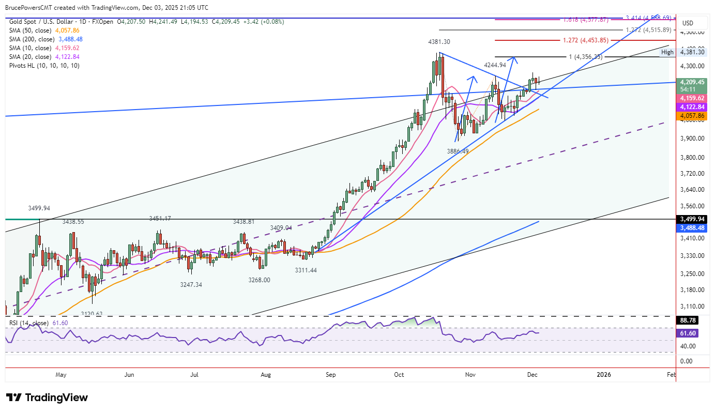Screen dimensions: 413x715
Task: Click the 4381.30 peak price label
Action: pos(438,42)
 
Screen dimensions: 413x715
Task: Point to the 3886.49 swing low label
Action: pos(458,151)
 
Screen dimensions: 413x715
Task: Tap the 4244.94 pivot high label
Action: pos(495,65)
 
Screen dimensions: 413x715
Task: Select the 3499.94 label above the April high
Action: pos(39,208)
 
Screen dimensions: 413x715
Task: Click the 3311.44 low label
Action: pos(306,270)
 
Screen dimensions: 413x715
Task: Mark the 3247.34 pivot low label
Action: pos(191,285)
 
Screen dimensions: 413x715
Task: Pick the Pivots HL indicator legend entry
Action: pos(44,66)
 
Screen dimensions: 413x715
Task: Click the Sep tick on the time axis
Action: pos(331,374)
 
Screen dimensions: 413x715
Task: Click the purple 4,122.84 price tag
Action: pos(692,106)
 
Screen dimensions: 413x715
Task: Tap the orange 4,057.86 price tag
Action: pos(692,116)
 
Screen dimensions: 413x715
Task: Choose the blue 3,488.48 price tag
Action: pos(692,227)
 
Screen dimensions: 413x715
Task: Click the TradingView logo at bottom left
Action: pos(47,397)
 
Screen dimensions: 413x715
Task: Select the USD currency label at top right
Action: pos(688,23)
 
